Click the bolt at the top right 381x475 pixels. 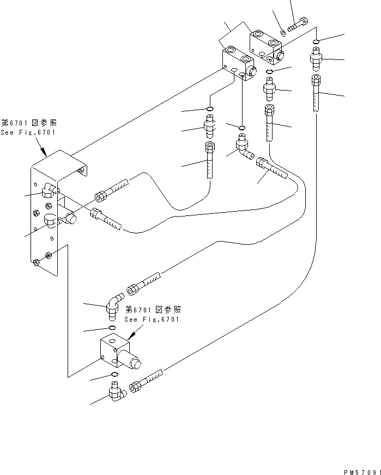[x=298, y=25]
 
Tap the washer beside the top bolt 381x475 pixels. [x=283, y=32]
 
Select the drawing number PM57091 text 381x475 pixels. [x=362, y=472]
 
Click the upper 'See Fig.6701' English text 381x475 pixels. [x=28, y=133]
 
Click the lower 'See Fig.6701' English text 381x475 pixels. [x=152, y=319]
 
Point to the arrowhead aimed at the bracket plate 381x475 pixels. [x=44, y=152]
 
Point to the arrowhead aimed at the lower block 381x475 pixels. [x=131, y=335]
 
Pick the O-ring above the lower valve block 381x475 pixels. [x=112, y=327]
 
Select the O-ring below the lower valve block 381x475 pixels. [x=115, y=375]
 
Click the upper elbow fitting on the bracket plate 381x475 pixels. [x=49, y=190]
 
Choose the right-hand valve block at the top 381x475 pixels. [x=265, y=47]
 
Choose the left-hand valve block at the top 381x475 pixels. [x=238, y=63]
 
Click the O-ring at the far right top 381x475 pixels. [x=316, y=41]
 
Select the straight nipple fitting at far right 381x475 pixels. [x=316, y=58]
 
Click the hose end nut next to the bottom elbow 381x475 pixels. [x=134, y=387]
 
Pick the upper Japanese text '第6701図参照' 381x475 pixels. [x=29, y=123]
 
